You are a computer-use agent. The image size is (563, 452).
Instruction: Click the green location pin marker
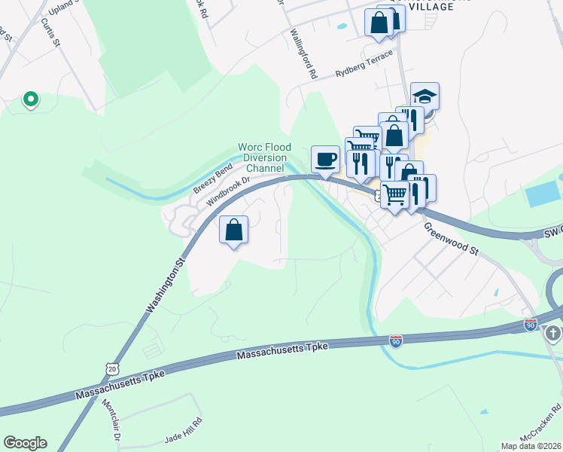[x=30, y=99]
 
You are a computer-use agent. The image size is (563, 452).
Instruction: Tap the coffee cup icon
[x=325, y=160]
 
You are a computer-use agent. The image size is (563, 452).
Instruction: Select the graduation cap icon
[x=425, y=96]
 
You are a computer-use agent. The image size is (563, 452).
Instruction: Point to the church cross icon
[x=553, y=334]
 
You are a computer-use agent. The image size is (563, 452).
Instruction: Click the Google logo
[x=25, y=443]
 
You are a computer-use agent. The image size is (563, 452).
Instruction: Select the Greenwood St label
[x=451, y=237]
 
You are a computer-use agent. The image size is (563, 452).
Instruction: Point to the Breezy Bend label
[x=213, y=182]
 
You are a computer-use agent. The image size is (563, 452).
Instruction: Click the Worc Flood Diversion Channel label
[x=263, y=157]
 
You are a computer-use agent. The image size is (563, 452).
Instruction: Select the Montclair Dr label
[x=117, y=426]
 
